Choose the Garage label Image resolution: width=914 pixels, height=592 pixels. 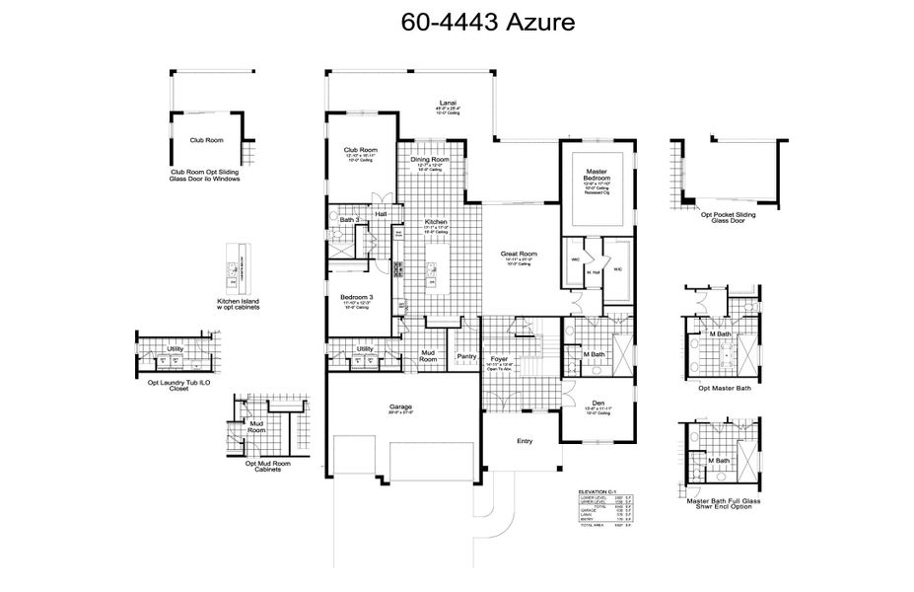pos(400,407)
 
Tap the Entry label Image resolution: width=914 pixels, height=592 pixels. pos(525,441)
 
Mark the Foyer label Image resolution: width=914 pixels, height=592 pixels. pos(499,358)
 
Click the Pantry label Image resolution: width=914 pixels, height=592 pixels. pos(466,357)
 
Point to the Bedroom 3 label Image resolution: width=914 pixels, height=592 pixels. pos(355,296)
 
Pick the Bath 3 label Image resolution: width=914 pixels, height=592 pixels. pos(349,219)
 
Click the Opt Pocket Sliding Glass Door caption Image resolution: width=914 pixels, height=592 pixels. pos(730,217)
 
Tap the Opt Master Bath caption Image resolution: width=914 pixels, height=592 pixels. pos(723,388)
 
